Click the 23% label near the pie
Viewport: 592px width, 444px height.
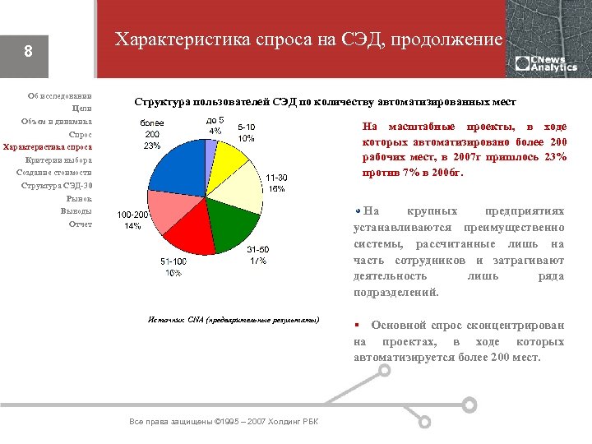[152, 146]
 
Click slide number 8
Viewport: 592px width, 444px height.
[28, 52]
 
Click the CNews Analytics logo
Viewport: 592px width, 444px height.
[546, 63]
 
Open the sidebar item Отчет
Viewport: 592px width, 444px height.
[81, 224]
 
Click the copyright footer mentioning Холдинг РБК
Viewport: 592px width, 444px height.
[224, 422]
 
